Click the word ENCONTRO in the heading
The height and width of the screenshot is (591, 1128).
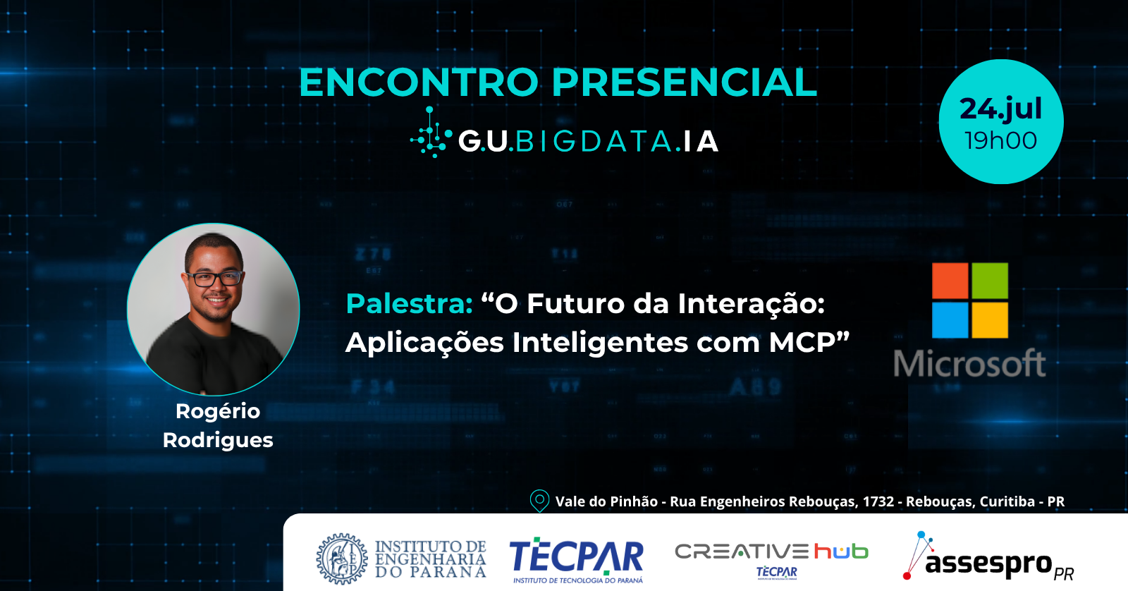[x=419, y=82]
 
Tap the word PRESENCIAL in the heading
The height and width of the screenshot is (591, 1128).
[x=685, y=82]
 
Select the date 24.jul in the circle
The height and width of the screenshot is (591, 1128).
[x=1000, y=109]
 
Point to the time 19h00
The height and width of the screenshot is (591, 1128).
[x=1000, y=140]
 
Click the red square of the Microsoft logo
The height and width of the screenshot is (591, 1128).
[x=950, y=281]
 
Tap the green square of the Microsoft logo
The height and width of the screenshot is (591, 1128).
[x=990, y=281]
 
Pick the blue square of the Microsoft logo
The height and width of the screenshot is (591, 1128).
[x=950, y=320]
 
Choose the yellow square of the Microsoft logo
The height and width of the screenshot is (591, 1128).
[x=990, y=320]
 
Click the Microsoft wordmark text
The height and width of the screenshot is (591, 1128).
[x=970, y=362]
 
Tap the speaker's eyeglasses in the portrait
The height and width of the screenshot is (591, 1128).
[x=214, y=278]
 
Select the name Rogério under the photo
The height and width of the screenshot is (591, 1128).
[x=218, y=411]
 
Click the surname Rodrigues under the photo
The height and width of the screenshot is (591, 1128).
[x=218, y=440]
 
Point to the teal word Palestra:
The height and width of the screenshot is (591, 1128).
[x=410, y=303]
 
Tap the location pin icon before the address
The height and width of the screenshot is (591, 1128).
[x=539, y=501]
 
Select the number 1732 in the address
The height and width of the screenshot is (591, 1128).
[x=878, y=502]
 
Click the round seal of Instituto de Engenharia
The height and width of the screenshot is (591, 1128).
[x=342, y=559]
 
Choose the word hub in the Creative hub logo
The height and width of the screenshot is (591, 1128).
[x=841, y=552]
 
